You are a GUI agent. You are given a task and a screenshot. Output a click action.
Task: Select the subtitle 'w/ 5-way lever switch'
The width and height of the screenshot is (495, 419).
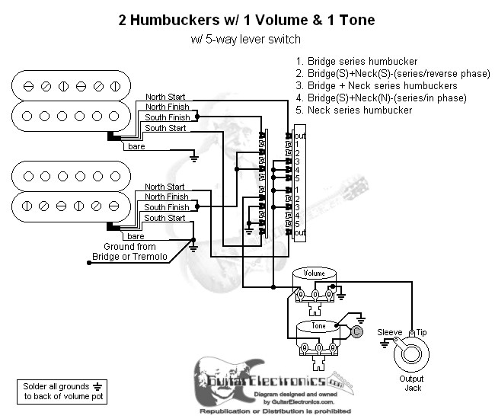(247, 39)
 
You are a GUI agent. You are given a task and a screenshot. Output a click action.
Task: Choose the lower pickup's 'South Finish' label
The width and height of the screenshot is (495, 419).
(167, 207)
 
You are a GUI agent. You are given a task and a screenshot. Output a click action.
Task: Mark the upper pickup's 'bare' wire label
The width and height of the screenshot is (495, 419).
(137, 146)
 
